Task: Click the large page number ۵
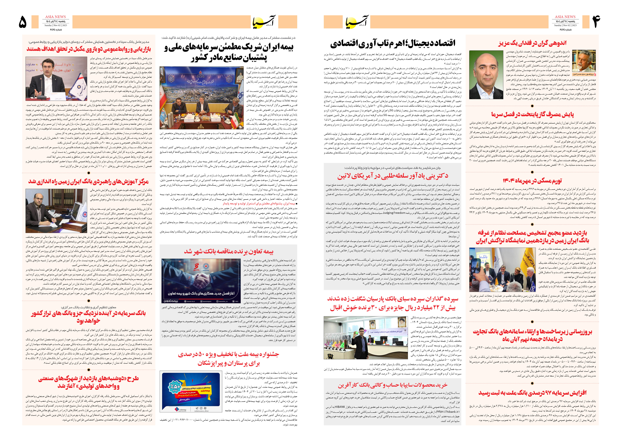(x=23, y=22)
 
